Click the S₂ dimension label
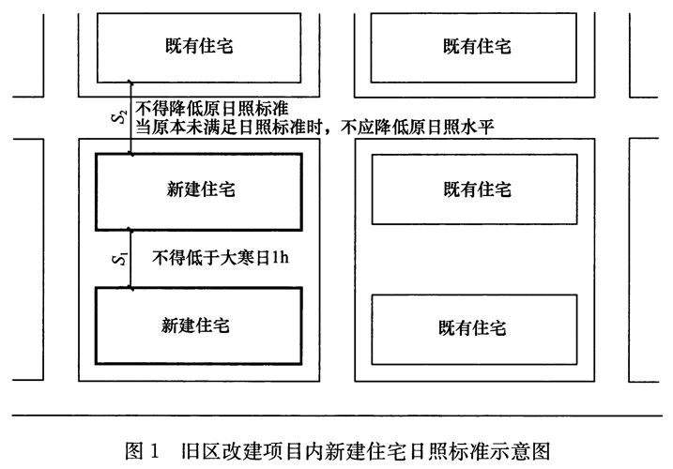click(x=117, y=116)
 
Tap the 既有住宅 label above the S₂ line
click(x=197, y=45)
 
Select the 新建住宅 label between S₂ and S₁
click(x=197, y=190)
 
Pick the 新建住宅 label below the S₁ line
click(x=197, y=326)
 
